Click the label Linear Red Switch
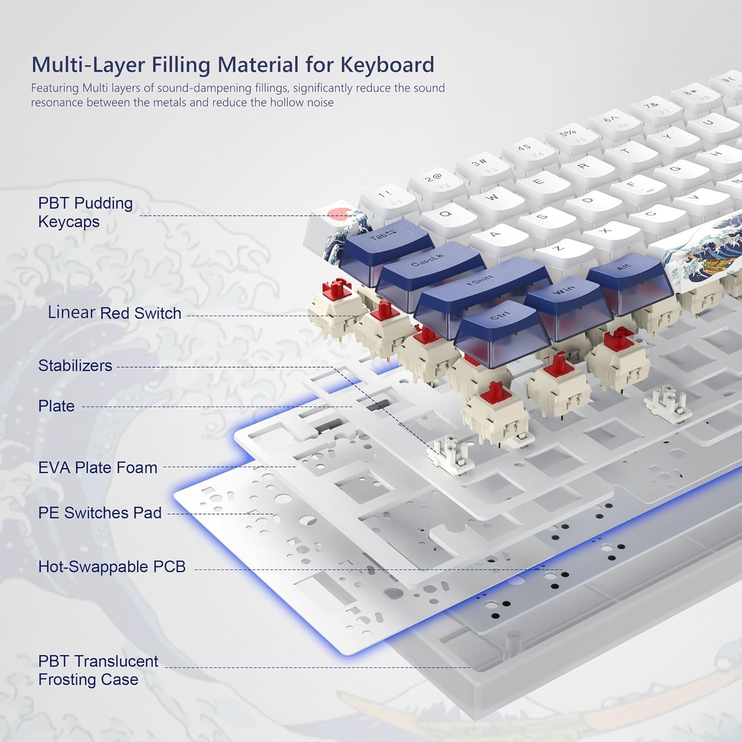(x=114, y=313)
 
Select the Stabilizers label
(x=75, y=366)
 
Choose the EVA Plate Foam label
(x=97, y=467)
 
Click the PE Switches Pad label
(x=99, y=512)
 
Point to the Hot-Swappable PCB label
(x=112, y=566)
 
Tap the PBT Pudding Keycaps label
(x=85, y=212)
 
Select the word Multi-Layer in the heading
(x=88, y=65)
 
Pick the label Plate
(x=56, y=406)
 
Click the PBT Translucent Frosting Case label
(x=98, y=670)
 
